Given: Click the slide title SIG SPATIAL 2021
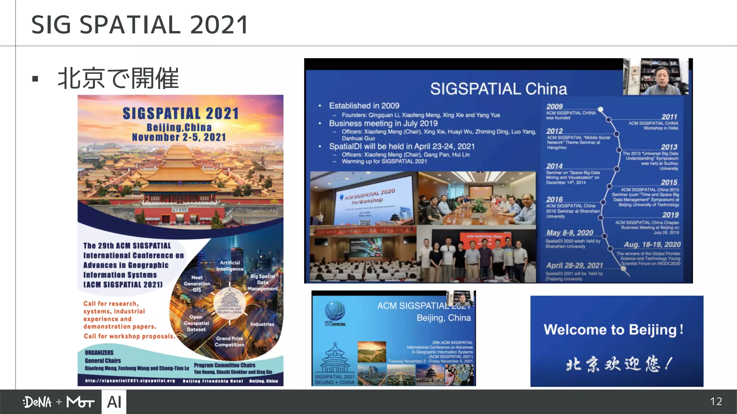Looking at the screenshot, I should pyautogui.click(x=140, y=25).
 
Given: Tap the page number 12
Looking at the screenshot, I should pyautogui.click(x=716, y=401).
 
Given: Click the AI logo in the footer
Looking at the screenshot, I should pyautogui.click(x=114, y=402).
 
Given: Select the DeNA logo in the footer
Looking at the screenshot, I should pyautogui.click(x=37, y=402).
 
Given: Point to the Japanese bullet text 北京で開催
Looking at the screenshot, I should pyautogui.click(x=118, y=78).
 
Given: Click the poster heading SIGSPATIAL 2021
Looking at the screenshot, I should pyautogui.click(x=181, y=114).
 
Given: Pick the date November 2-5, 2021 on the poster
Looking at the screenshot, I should pyautogui.click(x=179, y=137).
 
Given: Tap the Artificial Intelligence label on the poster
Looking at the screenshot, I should pyautogui.click(x=230, y=266).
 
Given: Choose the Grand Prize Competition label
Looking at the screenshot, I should pyautogui.click(x=229, y=341).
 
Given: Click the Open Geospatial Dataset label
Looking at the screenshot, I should pyautogui.click(x=196, y=323).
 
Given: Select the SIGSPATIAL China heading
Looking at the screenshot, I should pyautogui.click(x=498, y=89).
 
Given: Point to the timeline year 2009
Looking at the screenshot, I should pyautogui.click(x=554, y=106).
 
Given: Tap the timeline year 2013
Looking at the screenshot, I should pyautogui.click(x=669, y=147).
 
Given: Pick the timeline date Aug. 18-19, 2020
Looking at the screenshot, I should pyautogui.click(x=652, y=245).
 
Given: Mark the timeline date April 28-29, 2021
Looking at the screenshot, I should pyautogui.click(x=574, y=265).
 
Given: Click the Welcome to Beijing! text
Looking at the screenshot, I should pyautogui.click(x=613, y=330).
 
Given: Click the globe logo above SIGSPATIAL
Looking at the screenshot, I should pyautogui.click(x=335, y=310).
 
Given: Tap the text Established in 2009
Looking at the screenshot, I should pyautogui.click(x=364, y=106).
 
